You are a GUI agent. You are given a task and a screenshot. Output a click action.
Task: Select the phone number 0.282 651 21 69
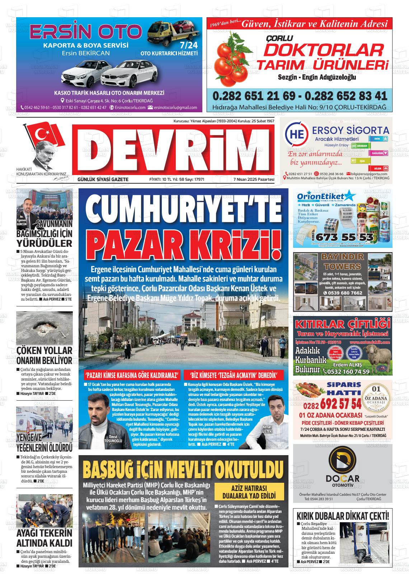(254, 96)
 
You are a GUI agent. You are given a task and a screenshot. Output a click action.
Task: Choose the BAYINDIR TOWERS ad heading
(341, 262)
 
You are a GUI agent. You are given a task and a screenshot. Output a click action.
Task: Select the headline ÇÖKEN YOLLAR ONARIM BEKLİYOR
(44, 355)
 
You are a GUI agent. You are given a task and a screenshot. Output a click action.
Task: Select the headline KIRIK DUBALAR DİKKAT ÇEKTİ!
(343, 516)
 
